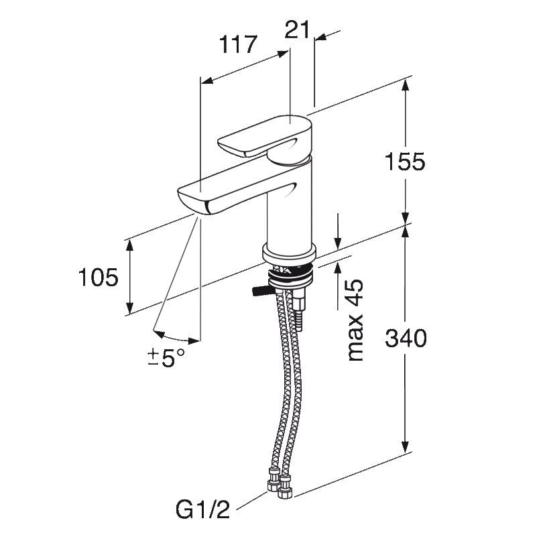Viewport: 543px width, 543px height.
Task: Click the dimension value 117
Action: (238, 44)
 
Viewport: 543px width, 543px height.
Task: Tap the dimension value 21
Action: (297, 29)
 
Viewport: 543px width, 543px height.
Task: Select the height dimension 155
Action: (405, 162)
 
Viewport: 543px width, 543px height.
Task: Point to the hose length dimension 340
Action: (406, 338)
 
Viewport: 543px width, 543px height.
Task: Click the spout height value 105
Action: (99, 278)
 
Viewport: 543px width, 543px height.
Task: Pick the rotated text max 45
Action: (355, 320)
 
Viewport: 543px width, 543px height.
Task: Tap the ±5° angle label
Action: (166, 358)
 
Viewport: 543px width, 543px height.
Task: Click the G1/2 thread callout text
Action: (202, 509)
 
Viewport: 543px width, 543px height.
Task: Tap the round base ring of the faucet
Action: (290, 253)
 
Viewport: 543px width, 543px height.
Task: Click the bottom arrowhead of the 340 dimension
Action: (405, 446)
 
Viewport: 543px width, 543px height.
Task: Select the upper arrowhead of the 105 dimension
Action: (129, 245)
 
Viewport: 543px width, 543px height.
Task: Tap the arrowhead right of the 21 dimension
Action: (320, 37)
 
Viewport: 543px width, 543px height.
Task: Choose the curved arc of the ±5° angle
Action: (176, 338)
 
